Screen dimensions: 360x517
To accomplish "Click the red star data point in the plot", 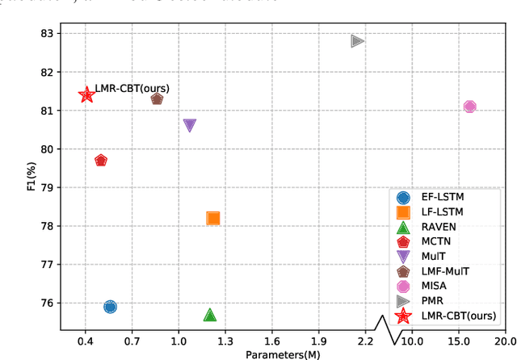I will [86, 95].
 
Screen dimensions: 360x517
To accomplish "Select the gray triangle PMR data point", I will [357, 41].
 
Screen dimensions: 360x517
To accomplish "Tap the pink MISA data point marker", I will [469, 107].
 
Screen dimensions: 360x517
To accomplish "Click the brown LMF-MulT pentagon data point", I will [157, 99].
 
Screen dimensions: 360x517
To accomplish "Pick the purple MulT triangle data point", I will [190, 125].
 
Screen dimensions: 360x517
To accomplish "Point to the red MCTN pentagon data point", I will [101, 161].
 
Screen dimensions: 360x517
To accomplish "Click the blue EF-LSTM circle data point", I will [110, 307].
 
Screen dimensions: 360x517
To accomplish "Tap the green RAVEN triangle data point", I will [210, 315].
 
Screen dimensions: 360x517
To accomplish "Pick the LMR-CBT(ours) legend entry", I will [459, 316].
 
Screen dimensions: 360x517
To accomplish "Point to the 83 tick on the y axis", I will [47, 34].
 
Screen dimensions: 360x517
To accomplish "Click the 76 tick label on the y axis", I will [47, 303].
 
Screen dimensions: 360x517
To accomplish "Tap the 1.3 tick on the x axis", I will [225, 341].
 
